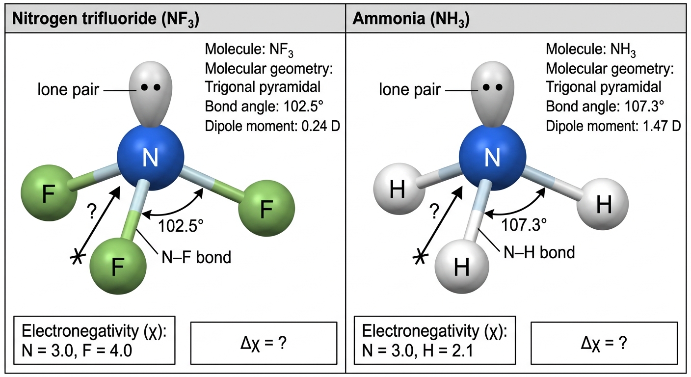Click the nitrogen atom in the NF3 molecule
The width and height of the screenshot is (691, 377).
tap(151, 158)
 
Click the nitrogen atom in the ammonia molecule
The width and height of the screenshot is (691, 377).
tap(492, 158)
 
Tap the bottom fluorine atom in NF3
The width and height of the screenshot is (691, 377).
tap(118, 266)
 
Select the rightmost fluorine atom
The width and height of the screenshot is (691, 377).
tap(266, 209)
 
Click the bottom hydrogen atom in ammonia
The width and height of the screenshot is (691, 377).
tap(462, 266)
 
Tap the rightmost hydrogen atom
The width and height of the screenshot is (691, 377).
tap(603, 204)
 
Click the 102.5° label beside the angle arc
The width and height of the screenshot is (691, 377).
tap(181, 226)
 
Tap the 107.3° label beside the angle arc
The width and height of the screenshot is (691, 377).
tap(524, 225)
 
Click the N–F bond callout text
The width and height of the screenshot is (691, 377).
tap(196, 257)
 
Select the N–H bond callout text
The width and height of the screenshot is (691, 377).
tap(539, 252)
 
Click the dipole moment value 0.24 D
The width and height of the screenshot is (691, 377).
tap(320, 126)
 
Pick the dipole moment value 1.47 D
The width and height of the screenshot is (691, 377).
tap(662, 126)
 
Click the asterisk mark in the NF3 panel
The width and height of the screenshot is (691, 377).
tap(77, 257)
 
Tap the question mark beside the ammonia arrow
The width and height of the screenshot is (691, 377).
tap(434, 212)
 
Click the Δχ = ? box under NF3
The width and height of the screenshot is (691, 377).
tap(264, 343)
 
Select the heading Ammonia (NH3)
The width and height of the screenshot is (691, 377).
tap(411, 19)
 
